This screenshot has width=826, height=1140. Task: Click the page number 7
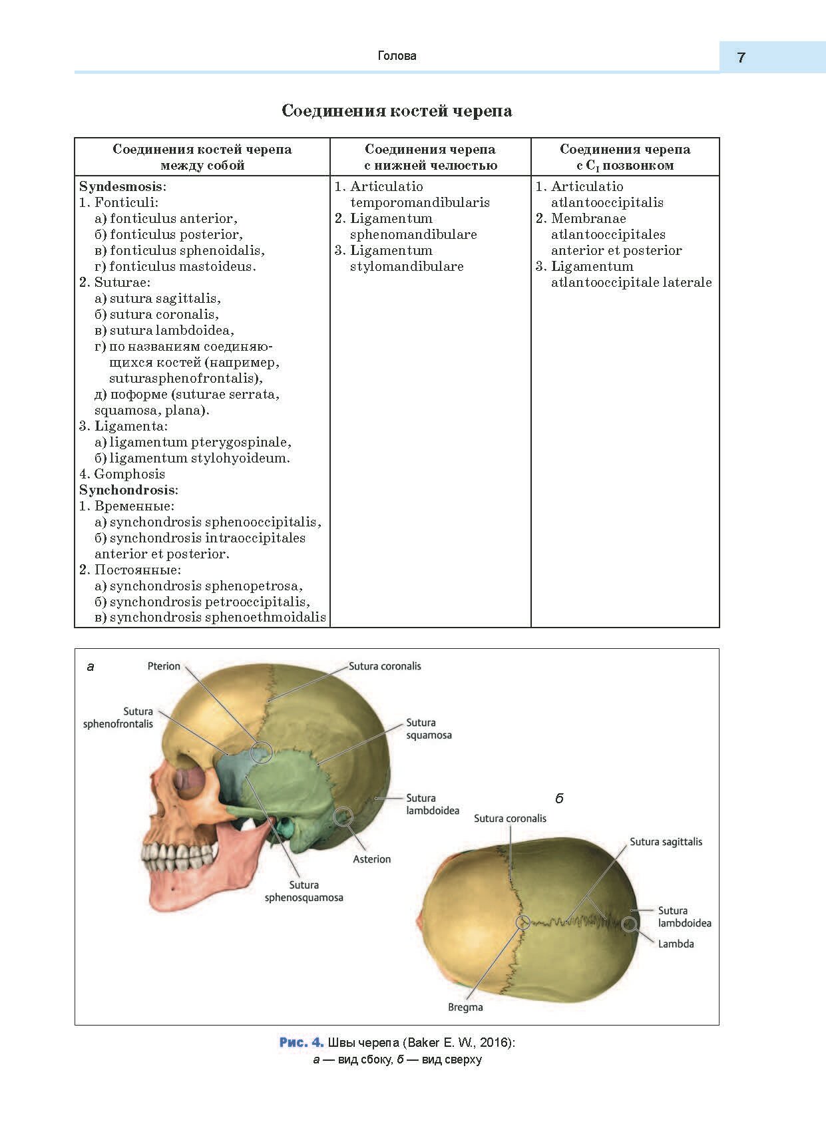point(741,57)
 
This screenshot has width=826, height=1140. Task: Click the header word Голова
point(397,56)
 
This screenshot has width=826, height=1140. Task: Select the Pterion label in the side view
point(164,666)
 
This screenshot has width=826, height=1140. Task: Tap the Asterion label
point(371,859)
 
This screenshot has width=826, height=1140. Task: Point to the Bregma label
point(465,1007)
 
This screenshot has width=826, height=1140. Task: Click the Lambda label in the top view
point(676,944)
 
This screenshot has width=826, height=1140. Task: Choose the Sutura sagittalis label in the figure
point(666,842)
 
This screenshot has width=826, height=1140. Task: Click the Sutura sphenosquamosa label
point(304,891)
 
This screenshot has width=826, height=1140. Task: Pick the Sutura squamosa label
point(429,729)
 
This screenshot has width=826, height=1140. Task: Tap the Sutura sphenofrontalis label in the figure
point(118,717)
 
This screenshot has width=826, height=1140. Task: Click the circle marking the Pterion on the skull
point(262,753)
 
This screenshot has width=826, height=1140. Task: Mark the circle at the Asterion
point(343,816)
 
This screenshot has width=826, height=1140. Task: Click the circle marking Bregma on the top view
point(523,922)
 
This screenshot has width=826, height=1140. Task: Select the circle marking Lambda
point(629,924)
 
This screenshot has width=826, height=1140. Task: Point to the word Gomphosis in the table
point(129,474)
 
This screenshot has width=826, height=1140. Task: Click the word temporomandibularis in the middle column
point(419,202)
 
